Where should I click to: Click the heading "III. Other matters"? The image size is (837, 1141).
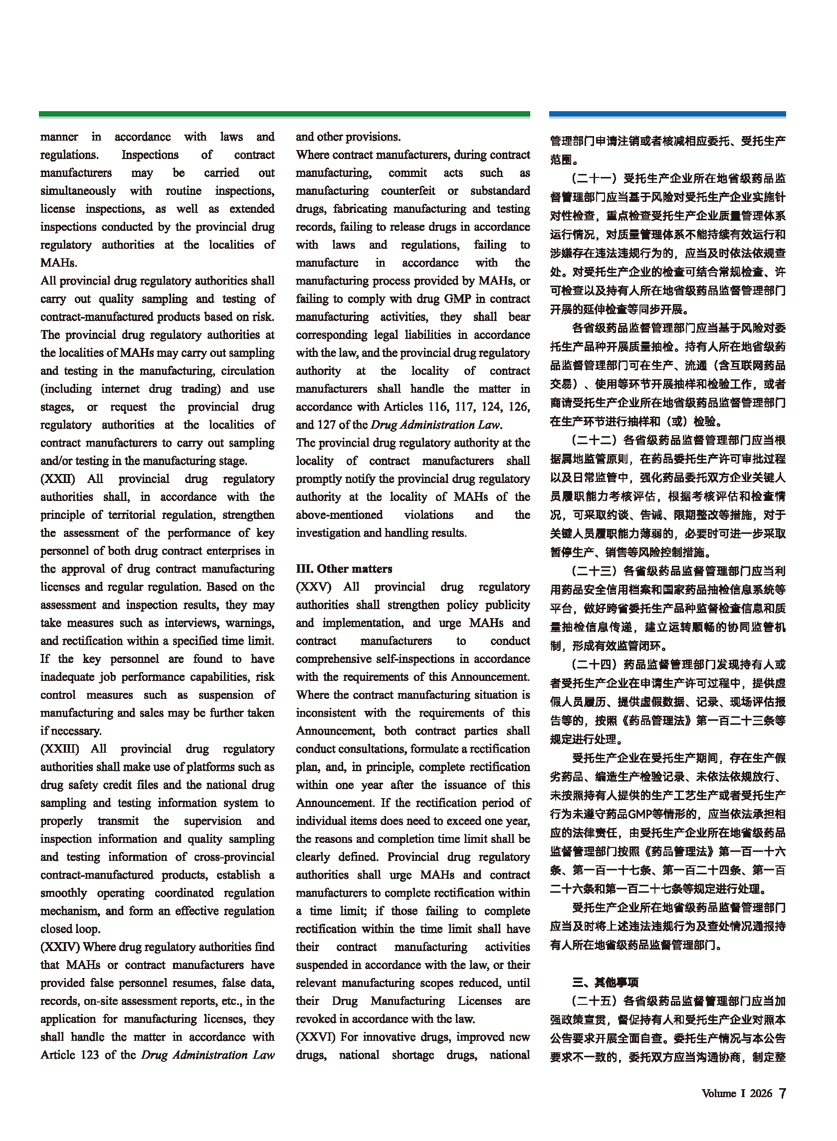click(344, 568)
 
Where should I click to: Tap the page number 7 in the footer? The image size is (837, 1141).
click(782, 1093)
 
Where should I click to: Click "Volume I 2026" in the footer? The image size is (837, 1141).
click(737, 1094)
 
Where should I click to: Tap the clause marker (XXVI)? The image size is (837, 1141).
click(316, 1037)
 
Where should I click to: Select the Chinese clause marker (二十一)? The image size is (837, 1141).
click(594, 178)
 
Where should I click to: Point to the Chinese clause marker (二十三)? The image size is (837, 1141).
click(594, 571)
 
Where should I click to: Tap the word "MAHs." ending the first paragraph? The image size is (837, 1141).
click(59, 263)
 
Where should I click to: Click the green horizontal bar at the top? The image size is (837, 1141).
click(284, 115)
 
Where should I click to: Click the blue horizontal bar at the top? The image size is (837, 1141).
click(667, 115)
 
